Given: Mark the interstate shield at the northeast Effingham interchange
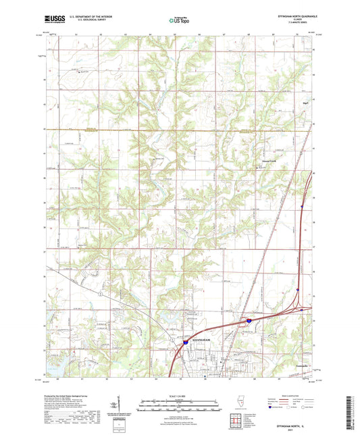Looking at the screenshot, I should tap(249, 322).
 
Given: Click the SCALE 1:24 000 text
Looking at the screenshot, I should tap(180, 395).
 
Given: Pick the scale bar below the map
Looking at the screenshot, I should tap(180, 403).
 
